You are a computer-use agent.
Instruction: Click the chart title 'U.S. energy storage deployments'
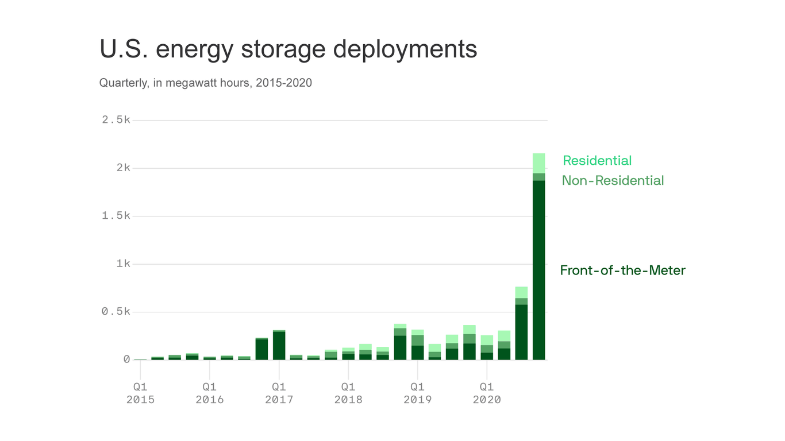[x=288, y=49]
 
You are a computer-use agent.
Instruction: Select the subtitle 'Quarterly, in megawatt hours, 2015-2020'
[x=205, y=83]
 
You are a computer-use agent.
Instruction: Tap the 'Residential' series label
[x=597, y=161]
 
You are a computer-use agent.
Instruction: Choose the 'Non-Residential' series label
[x=613, y=181]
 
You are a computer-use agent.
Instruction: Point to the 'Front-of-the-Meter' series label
[x=622, y=270]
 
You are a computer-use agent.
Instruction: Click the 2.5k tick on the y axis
[x=116, y=120]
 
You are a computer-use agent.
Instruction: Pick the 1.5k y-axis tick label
[x=116, y=216]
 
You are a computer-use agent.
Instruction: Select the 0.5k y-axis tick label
[x=116, y=312]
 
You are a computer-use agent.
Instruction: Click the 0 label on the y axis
[x=126, y=359]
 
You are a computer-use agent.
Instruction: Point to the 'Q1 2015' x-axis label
[x=140, y=393]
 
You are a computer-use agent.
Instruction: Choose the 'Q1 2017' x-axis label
[x=279, y=393]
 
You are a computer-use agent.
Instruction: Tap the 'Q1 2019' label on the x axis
[x=417, y=393]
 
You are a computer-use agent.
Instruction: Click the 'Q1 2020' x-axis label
[x=487, y=393]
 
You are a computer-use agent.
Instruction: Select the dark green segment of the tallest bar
[x=538, y=270]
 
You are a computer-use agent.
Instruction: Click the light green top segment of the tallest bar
[x=538, y=163]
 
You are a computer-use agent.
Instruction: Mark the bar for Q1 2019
[x=417, y=345]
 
